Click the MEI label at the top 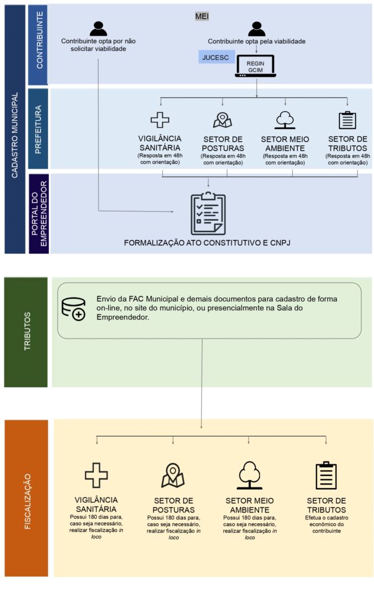[x=202, y=16]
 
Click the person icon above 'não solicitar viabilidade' [x=98, y=28]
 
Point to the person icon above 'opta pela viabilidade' [x=256, y=28]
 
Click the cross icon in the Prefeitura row [x=160, y=119]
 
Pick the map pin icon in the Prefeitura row [x=222, y=120]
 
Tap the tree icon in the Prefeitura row [x=285, y=120]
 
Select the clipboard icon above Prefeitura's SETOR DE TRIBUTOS [x=347, y=120]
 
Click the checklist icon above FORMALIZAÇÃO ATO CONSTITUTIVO [x=208, y=213]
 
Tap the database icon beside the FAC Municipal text [x=74, y=309]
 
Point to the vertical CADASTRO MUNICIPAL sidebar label [x=15, y=129]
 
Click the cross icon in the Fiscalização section [x=96, y=475]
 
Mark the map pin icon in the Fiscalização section [x=173, y=475]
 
